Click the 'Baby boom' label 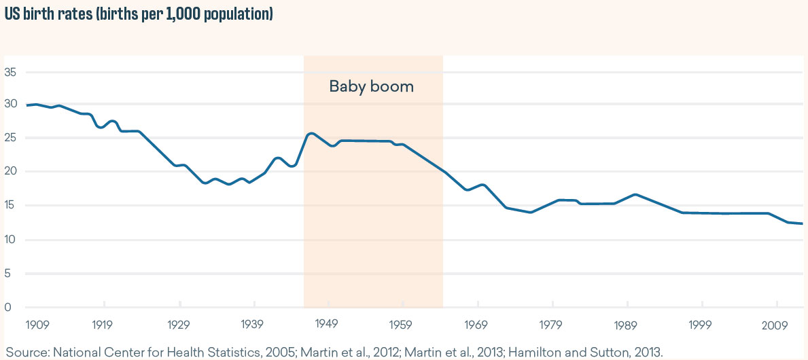371,87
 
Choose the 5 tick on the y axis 9,273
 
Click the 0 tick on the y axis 9,307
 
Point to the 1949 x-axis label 328,324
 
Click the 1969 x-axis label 477,324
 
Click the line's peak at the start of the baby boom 311,133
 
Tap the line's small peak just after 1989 635,194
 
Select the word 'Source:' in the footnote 27,352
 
